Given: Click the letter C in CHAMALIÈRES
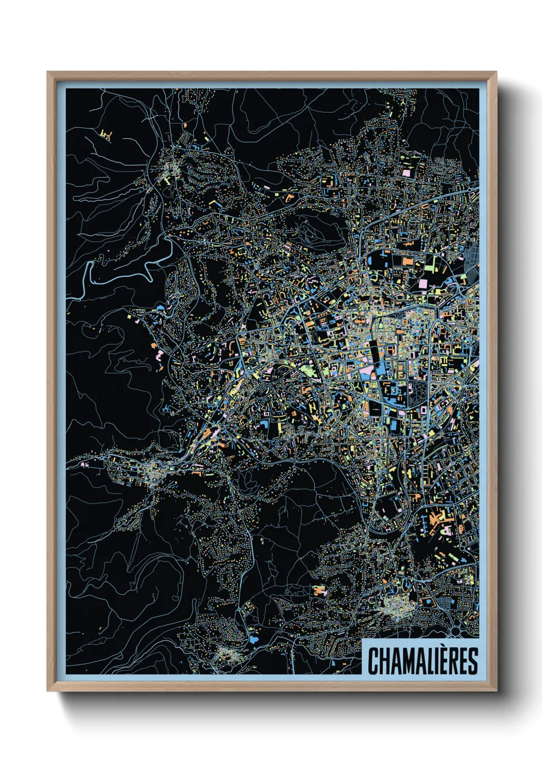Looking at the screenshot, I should click(x=373, y=661).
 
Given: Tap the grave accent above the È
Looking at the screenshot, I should click(x=443, y=647).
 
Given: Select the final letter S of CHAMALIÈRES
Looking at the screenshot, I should click(x=472, y=661).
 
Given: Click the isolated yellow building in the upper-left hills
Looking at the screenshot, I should click(x=107, y=135).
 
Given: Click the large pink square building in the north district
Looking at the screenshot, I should click(x=409, y=173).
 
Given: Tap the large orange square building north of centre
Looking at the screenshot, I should click(x=408, y=262).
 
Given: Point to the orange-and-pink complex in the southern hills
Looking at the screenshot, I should click(x=319, y=590).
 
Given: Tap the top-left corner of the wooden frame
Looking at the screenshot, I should click(x=48, y=73).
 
